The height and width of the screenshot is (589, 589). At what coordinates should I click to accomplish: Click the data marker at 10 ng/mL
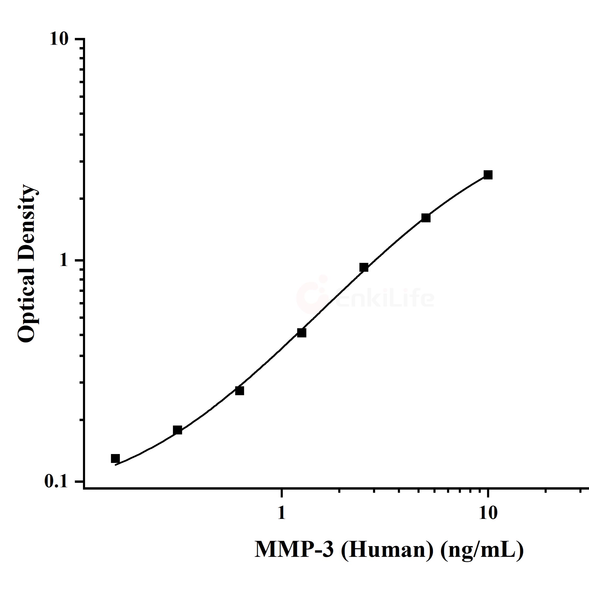488,175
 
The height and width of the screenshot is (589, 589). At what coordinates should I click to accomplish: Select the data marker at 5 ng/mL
426,218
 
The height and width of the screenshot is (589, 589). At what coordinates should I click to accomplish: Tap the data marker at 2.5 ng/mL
364,267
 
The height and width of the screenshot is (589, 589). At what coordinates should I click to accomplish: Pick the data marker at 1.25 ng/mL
302,333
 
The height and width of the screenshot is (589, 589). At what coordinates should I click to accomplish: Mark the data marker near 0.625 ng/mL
240,390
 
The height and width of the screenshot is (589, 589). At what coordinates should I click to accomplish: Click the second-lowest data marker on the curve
177,430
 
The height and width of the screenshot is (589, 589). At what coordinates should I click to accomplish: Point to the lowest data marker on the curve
115,458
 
